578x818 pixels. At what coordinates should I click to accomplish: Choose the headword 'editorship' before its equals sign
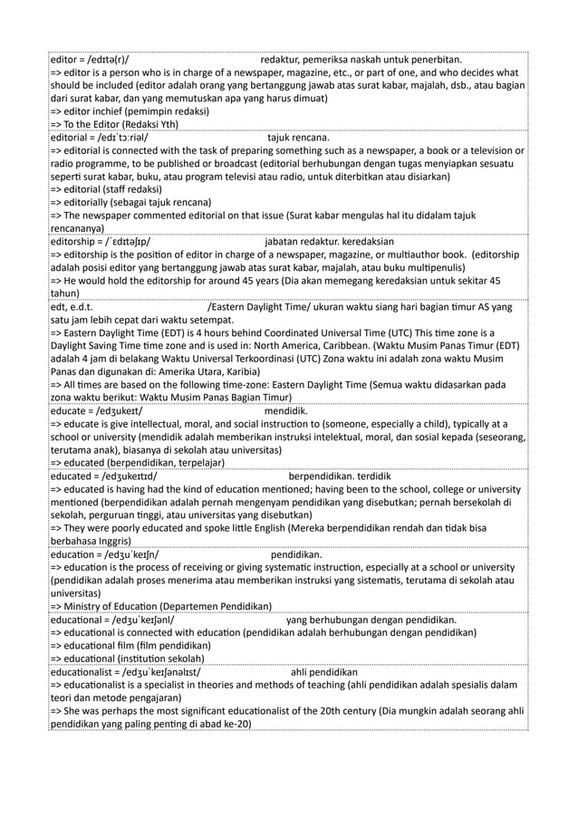[x=76, y=243]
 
